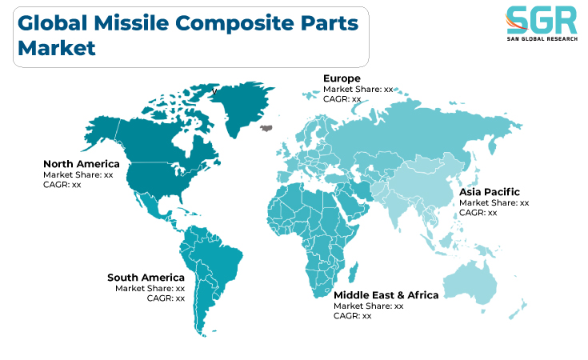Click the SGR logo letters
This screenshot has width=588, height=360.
(x=542, y=20)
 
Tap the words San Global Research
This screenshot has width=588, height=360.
(x=542, y=39)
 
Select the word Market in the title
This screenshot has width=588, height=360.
(x=57, y=48)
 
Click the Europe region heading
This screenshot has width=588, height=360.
(x=342, y=78)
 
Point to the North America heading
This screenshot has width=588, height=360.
(x=82, y=164)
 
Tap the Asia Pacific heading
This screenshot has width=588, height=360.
(x=490, y=192)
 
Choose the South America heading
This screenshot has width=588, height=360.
(x=146, y=278)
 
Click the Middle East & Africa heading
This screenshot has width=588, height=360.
(x=386, y=295)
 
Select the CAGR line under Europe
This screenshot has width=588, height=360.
(x=342, y=99)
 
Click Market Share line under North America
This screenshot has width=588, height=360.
(x=78, y=174)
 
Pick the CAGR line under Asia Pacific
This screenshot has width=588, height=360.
(x=478, y=213)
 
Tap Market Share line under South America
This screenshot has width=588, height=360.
(x=150, y=288)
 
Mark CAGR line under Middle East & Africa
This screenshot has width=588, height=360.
(x=353, y=316)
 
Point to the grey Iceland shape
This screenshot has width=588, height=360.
(x=266, y=128)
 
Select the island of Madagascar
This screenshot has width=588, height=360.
(x=354, y=273)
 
